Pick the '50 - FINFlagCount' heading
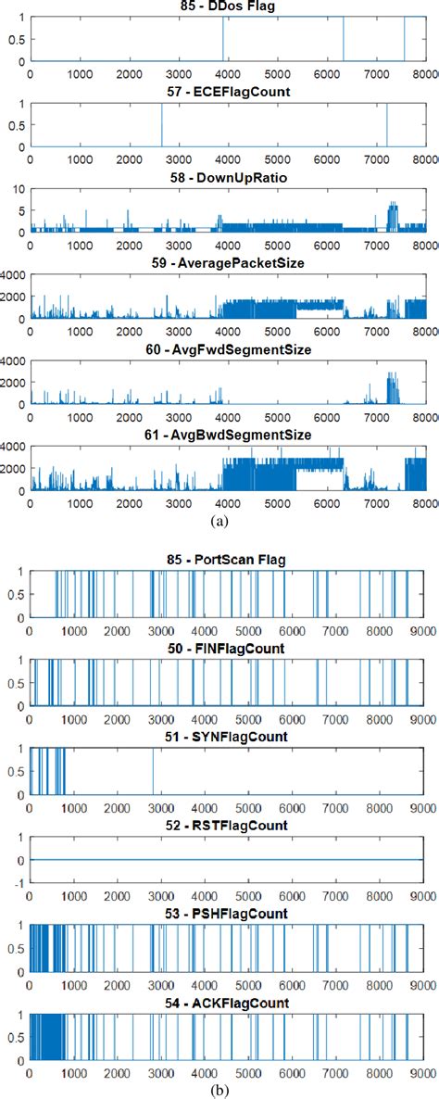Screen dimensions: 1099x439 click(227, 649)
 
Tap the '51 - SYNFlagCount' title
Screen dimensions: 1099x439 click(227, 737)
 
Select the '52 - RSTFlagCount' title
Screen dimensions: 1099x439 click(227, 826)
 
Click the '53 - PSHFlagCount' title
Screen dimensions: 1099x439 click(227, 914)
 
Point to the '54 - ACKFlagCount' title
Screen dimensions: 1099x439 click(227, 1003)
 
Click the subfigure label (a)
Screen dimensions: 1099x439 click(219, 522)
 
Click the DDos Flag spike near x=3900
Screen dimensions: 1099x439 click(223, 39)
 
